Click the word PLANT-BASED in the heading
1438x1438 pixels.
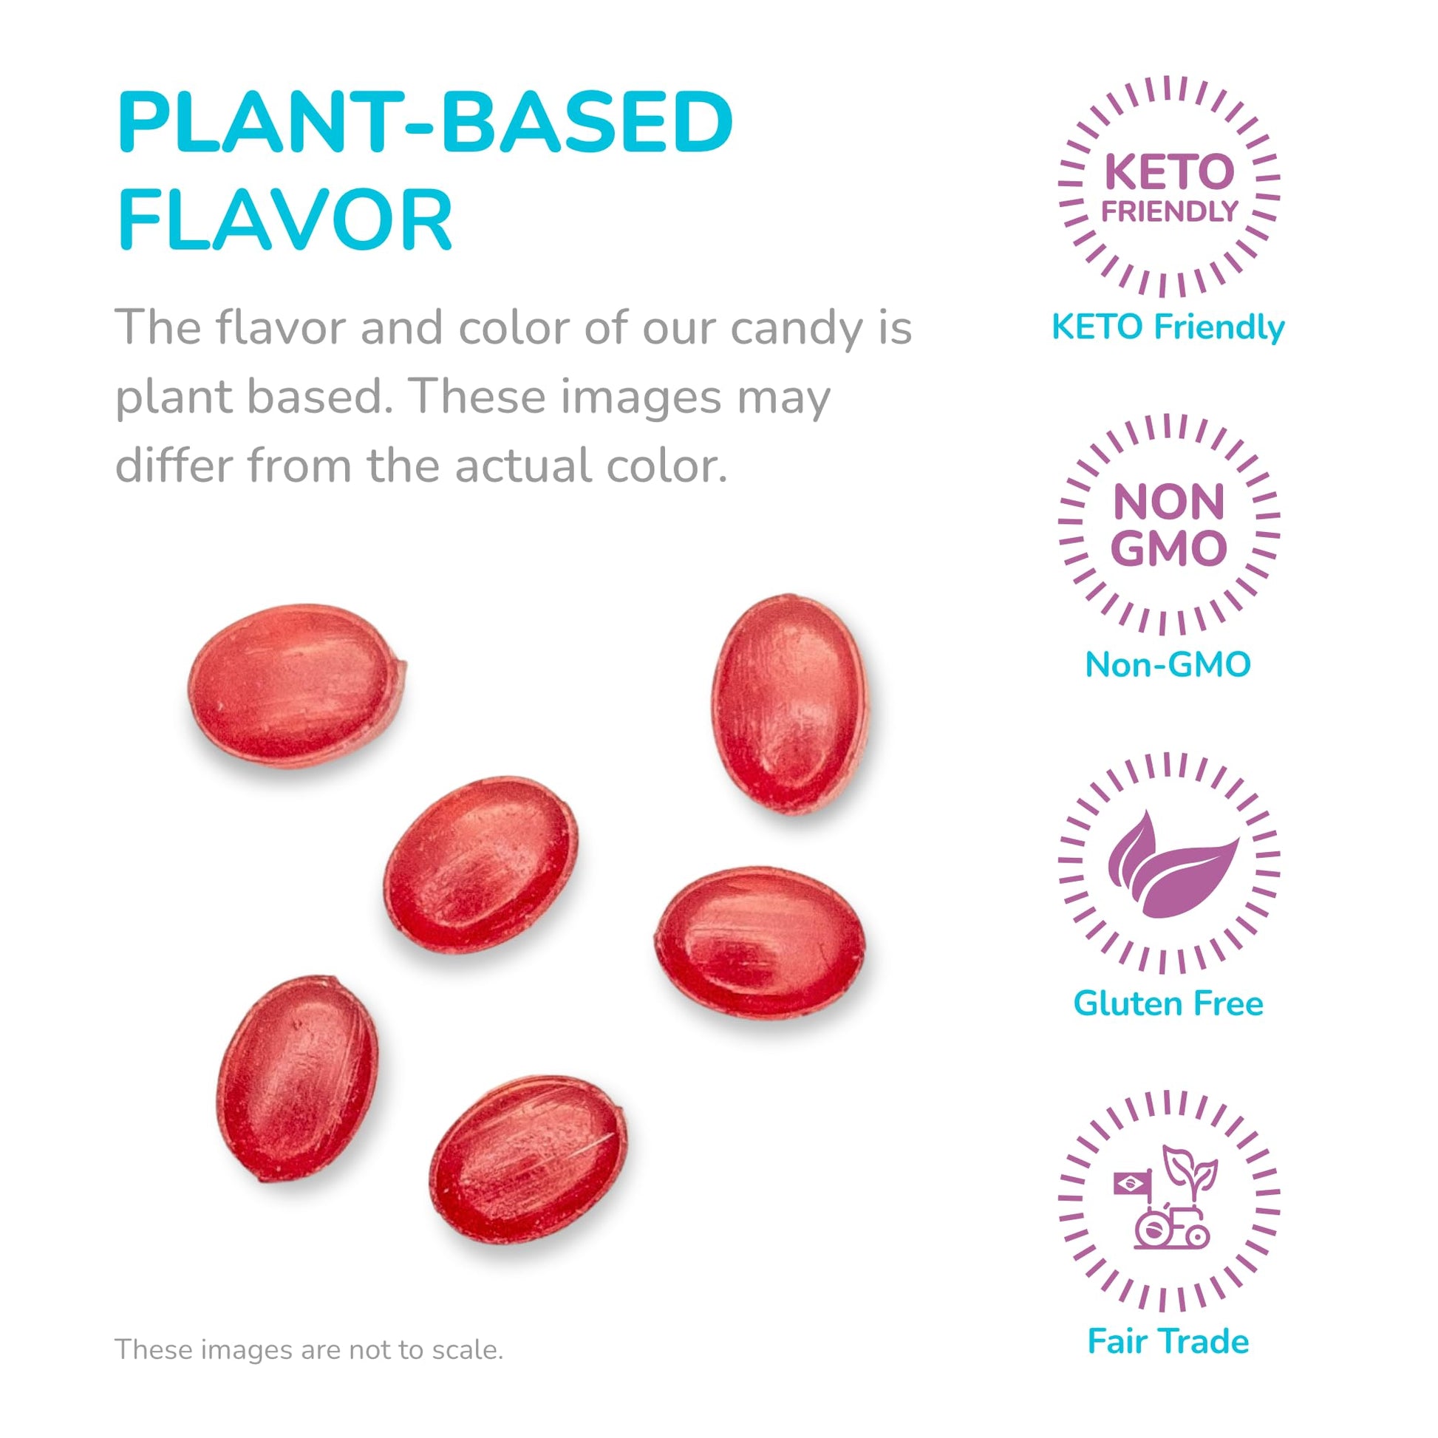(x=425, y=123)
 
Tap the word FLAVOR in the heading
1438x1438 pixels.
(x=285, y=219)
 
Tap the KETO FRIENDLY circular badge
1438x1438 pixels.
(x=1168, y=186)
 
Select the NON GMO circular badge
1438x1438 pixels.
(x=1168, y=525)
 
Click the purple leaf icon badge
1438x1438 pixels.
(x=1168, y=862)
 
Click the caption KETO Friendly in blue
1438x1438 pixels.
(x=1168, y=327)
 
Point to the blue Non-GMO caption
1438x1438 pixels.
(x=1168, y=664)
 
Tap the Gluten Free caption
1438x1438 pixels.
(x=1168, y=1003)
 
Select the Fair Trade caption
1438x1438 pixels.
(x=1168, y=1341)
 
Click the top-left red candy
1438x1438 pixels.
(x=296, y=686)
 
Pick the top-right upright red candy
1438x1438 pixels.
(x=790, y=704)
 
